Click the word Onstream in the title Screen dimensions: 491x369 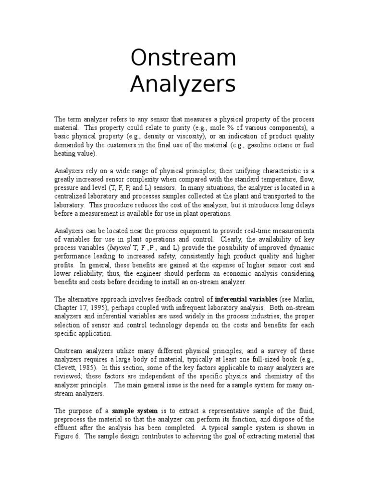click(x=184, y=58)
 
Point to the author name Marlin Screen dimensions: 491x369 click(x=302, y=300)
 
